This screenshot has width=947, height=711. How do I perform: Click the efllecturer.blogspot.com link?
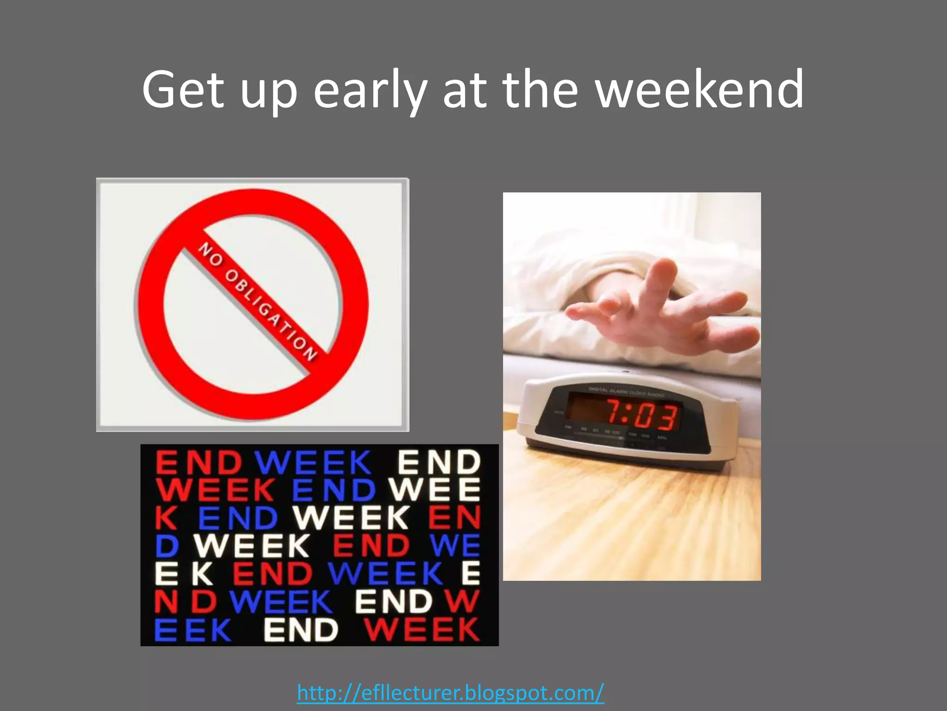[450, 693]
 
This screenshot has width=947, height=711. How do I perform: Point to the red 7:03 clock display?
[643, 415]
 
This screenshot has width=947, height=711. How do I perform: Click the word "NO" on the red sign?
[211, 255]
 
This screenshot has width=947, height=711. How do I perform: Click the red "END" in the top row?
[199, 463]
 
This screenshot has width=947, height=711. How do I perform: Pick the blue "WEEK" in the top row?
[313, 463]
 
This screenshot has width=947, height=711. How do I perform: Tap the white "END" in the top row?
[439, 463]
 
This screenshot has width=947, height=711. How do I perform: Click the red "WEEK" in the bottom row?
[421, 630]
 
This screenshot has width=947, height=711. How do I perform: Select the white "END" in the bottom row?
[301, 630]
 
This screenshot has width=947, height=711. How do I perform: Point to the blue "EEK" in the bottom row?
[193, 630]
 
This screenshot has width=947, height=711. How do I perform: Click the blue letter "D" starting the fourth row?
[166, 546]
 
